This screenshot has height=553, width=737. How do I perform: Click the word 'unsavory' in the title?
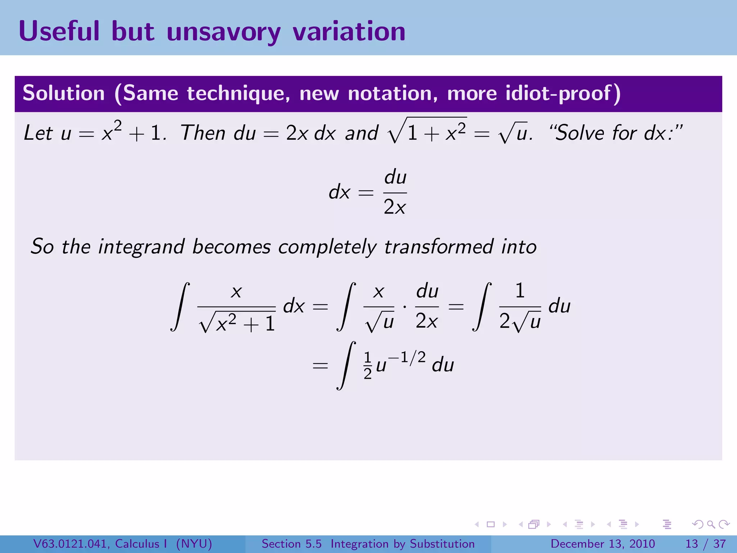tap(223, 32)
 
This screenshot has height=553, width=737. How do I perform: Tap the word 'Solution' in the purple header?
tap(64, 93)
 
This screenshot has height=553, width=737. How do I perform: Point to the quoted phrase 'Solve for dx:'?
tap(616, 132)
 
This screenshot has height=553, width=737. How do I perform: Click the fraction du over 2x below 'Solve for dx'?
tap(395, 192)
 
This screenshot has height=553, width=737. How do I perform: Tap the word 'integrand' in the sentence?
tap(141, 247)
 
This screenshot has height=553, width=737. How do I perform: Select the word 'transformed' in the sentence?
tap(439, 247)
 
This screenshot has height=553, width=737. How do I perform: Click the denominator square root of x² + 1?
tap(237, 322)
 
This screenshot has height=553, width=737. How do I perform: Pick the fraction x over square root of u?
tap(379, 307)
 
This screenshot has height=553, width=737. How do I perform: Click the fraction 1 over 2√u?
tap(520, 307)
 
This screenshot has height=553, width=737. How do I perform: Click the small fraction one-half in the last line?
tap(367, 366)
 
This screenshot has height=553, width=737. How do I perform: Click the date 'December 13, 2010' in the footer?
tap(602, 544)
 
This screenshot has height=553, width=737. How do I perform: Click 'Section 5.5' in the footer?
tap(291, 544)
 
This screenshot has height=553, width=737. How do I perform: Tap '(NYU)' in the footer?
tap(194, 544)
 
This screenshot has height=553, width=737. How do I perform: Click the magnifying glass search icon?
tap(711, 524)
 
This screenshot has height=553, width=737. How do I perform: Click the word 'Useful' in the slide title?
tap(59, 32)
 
